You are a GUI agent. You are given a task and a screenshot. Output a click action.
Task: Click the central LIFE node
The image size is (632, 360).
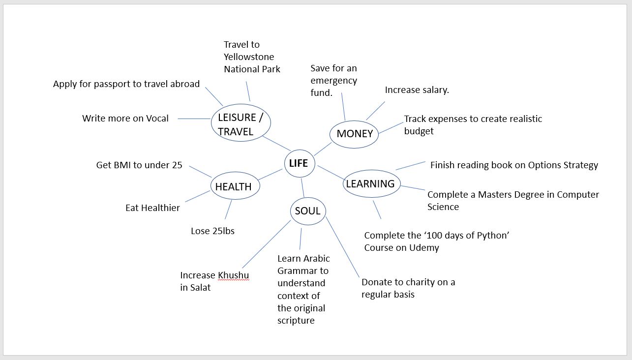coord(300,163)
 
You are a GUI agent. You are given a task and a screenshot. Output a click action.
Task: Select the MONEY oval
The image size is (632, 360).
coord(354,134)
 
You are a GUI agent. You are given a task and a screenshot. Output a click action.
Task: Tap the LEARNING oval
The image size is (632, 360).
coord(372,183)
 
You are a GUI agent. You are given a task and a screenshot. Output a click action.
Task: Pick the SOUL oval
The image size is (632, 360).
coord(308,211)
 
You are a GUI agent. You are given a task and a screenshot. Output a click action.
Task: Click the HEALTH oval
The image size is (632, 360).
coord(235,185)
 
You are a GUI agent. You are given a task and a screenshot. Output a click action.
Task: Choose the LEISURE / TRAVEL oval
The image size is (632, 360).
coord(241,123)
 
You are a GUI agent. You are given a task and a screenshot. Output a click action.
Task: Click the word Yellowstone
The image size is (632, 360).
coord(249,57)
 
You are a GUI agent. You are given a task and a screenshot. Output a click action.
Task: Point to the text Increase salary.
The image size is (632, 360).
coord(417,90)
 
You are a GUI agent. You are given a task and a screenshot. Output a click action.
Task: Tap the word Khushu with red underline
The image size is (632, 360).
coord(234,275)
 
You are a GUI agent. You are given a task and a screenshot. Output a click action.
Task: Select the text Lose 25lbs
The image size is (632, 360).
coord(213,231)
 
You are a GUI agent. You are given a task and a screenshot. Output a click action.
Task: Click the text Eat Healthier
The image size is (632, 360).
coord(152,208)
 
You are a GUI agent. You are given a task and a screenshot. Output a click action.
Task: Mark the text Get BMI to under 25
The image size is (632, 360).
coord(139,165)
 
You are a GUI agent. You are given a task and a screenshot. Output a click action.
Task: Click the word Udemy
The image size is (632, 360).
coord(424,248)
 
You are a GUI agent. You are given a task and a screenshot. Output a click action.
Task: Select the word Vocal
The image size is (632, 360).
coord(157,118)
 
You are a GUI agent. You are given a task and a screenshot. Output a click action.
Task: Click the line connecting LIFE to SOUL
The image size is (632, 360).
coord(303,187)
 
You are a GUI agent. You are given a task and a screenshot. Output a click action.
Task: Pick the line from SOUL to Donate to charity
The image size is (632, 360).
coord(342,247)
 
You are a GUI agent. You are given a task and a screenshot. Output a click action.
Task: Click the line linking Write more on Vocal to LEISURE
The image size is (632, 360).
coord(194,119)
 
